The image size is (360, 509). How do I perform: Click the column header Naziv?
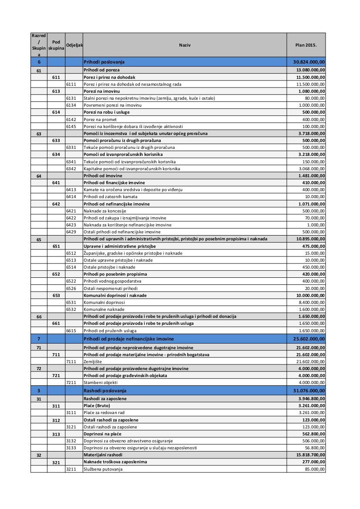[185, 45]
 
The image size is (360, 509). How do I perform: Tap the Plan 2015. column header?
[306, 45]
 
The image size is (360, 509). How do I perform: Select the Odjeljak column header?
[74, 45]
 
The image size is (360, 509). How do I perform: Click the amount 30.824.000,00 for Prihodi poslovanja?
[309, 62]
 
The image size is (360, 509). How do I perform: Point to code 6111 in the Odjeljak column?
[71, 84]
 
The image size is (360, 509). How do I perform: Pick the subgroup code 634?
[56, 155]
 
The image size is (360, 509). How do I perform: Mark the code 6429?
[71, 232]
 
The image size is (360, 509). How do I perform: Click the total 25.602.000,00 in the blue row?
[309, 339]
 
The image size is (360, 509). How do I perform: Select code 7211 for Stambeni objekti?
[71, 383]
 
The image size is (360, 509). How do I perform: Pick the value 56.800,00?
[315, 448]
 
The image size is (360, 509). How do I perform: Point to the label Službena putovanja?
[103, 469]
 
